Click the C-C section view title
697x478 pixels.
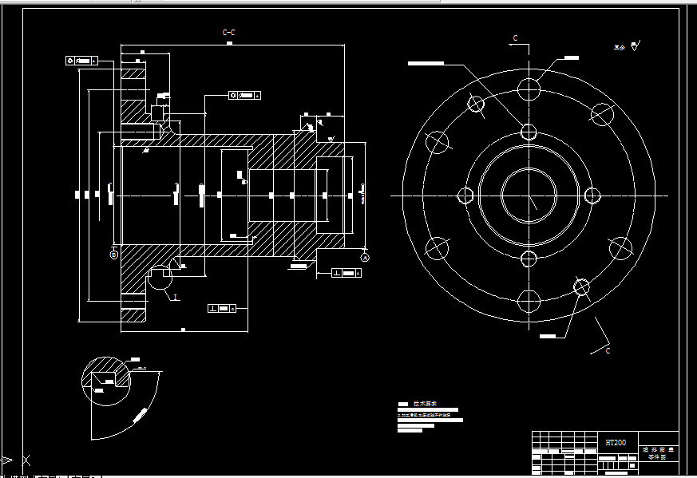click(228, 33)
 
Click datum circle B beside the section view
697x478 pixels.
click(113, 254)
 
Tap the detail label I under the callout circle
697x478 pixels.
click(175, 297)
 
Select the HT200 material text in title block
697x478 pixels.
click(615, 442)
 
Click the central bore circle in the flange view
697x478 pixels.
click(528, 196)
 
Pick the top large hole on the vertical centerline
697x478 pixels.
click(528, 89)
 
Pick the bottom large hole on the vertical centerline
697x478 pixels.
click(528, 301)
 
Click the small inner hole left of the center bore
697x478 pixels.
click(465, 196)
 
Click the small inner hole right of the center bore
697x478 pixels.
click(592, 196)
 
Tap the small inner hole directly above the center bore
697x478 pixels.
click(528, 132)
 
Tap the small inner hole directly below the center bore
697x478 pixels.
click(528, 259)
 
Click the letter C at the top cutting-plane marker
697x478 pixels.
click(515, 38)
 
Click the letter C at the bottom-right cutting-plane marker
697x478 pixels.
click(608, 350)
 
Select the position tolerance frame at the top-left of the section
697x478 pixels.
click(81, 60)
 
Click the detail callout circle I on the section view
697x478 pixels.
click(160, 277)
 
